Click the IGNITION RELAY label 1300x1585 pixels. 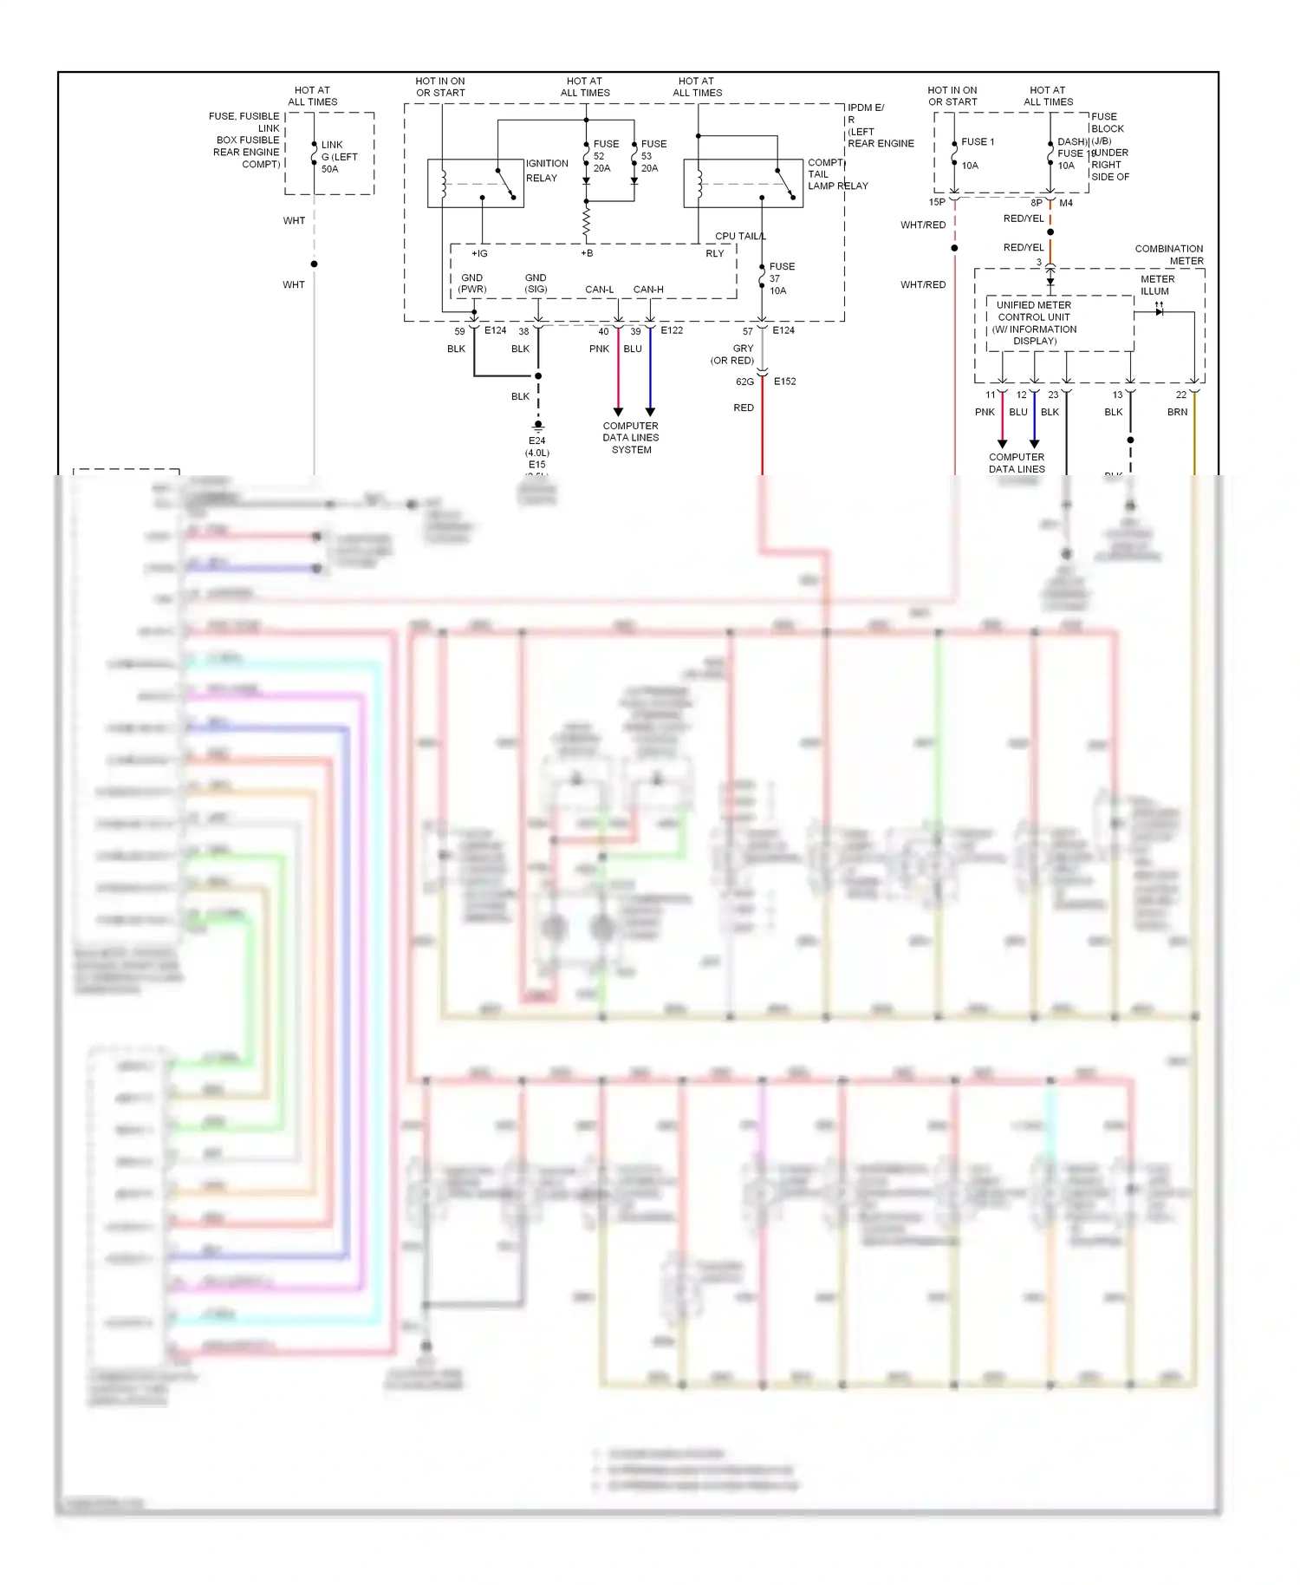(x=547, y=171)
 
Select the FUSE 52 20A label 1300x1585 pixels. (x=605, y=156)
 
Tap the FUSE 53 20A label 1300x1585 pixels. (x=653, y=156)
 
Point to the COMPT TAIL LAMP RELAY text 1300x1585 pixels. (x=836, y=174)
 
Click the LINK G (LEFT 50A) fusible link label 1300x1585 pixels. (x=338, y=157)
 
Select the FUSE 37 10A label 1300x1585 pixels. (x=781, y=278)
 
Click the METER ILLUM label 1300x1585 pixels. (x=1157, y=285)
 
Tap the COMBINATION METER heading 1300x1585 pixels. (x=1168, y=255)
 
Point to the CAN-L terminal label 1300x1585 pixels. (x=599, y=290)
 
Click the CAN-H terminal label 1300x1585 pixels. (x=648, y=290)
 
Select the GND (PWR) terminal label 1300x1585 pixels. (x=472, y=284)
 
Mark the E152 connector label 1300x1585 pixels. (x=784, y=382)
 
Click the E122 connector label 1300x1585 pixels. (x=672, y=330)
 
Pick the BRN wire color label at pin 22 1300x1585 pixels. (x=1177, y=412)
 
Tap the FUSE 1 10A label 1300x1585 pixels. (x=977, y=153)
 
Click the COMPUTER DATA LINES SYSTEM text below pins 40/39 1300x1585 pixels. (x=631, y=438)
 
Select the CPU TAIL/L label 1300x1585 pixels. (x=740, y=236)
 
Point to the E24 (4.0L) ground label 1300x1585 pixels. (x=537, y=447)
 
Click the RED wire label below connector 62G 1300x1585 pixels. (x=744, y=408)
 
